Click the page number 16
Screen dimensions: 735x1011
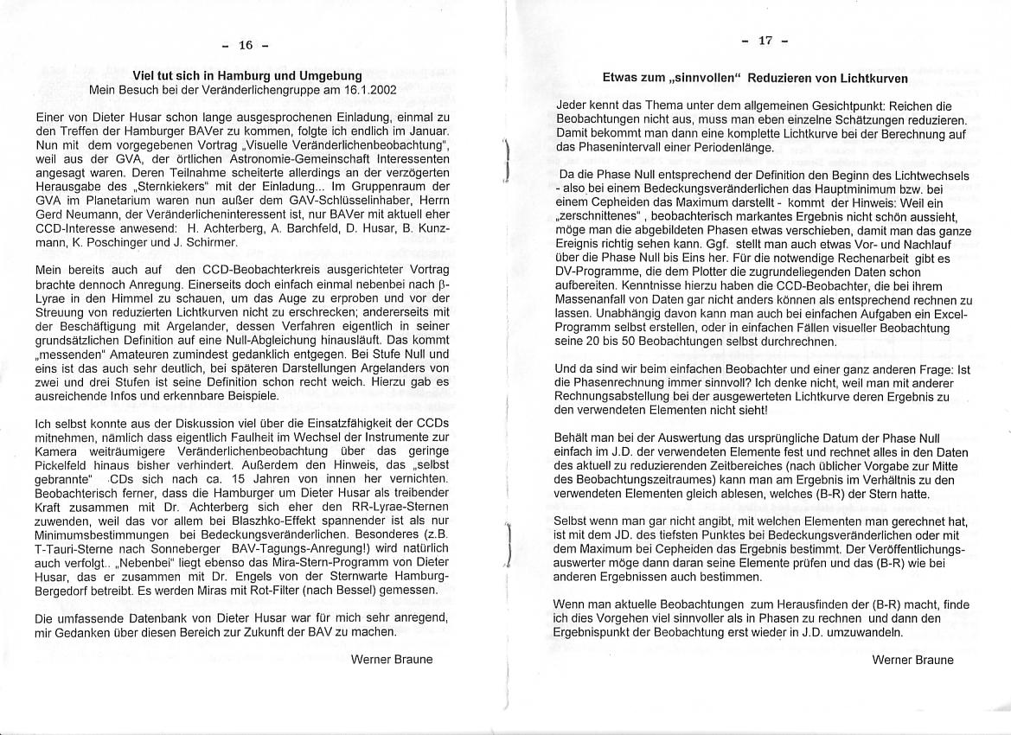246,45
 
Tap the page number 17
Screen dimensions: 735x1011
765,40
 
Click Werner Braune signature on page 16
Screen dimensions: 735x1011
392,659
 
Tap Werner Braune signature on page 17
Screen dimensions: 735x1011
912,660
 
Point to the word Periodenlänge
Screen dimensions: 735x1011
743,149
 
